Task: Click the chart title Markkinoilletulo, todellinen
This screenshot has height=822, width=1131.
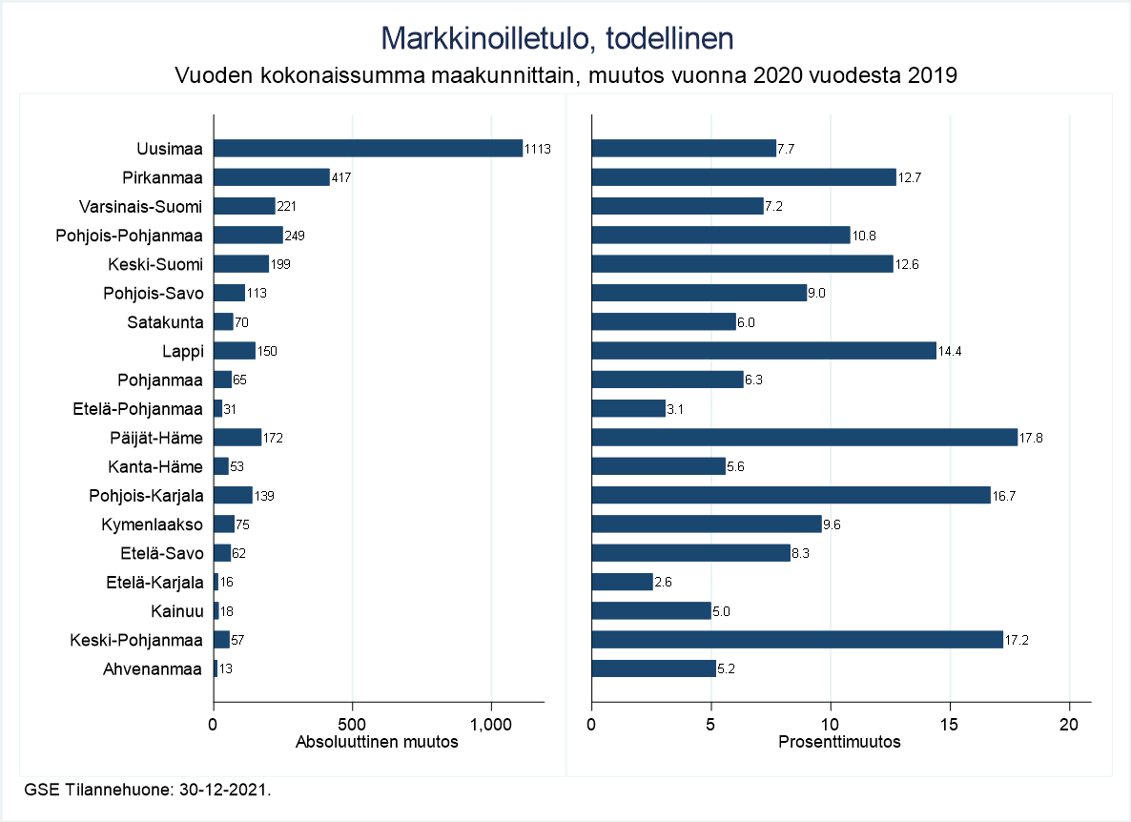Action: click(557, 38)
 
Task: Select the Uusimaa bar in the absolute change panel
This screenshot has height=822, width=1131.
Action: click(368, 148)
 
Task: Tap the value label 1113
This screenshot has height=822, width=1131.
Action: click(539, 149)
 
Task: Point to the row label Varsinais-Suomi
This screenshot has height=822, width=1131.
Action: click(141, 206)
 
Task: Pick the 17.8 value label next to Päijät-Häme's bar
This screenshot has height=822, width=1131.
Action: click(1031, 438)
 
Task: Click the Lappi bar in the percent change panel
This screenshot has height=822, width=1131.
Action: click(764, 351)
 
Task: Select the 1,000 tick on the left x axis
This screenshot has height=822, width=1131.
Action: click(492, 724)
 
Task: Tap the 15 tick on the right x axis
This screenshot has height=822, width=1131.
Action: click(950, 724)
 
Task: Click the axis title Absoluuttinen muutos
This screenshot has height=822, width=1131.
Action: click(378, 743)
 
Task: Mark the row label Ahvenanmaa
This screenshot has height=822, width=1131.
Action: click(154, 668)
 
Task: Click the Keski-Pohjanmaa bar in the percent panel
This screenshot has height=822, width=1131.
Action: click(797, 640)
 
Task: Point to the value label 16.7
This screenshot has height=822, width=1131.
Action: click(1004, 496)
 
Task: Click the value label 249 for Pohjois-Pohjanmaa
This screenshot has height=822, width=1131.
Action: click(295, 236)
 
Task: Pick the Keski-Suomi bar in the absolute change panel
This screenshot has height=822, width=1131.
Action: click(241, 264)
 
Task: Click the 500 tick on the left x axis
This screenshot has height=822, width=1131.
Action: click(353, 724)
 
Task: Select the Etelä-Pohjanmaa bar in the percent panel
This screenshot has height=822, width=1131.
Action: click(628, 408)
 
